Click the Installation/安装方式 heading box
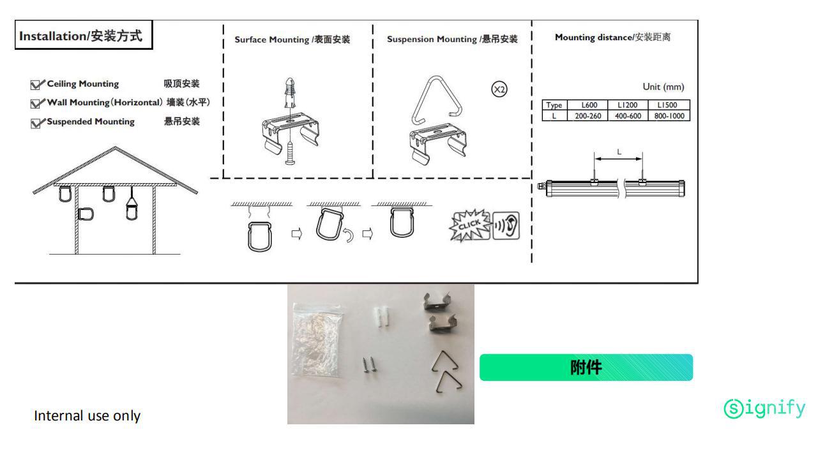[84, 36]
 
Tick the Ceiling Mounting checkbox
[37, 84]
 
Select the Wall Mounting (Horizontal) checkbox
[37, 103]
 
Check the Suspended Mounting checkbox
[37, 123]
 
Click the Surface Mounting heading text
[292, 40]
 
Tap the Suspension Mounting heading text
[452, 40]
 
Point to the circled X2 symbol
[499, 90]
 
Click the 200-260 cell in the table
[583, 116]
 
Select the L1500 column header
[669, 105]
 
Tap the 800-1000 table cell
[669, 116]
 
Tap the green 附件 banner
[586, 368]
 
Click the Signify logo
[764, 408]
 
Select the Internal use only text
[87, 416]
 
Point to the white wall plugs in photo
[381, 316]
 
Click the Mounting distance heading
[612, 37]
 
